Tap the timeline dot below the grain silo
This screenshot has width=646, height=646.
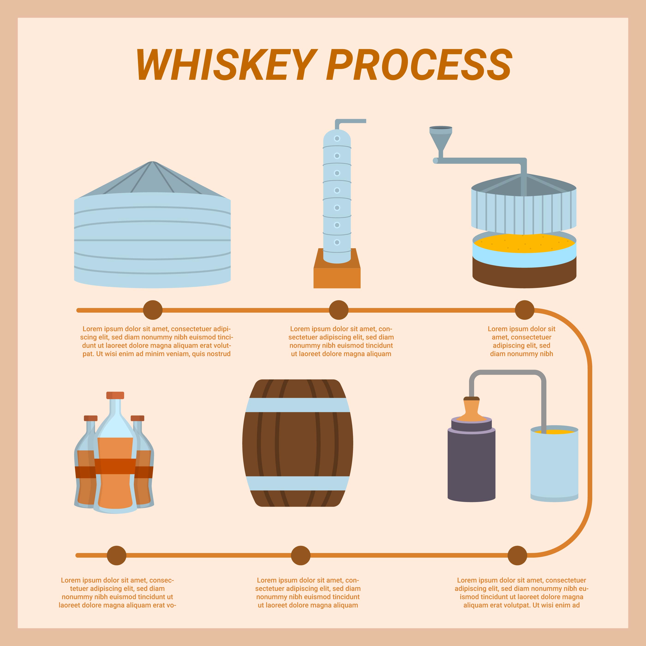point(153,310)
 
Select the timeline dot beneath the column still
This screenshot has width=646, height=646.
point(339,310)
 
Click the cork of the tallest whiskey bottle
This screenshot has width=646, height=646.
point(115,395)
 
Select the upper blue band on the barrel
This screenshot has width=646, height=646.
point(298,405)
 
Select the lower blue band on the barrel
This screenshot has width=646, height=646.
point(298,483)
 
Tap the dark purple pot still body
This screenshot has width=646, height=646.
point(471,465)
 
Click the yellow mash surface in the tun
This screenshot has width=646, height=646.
point(524,243)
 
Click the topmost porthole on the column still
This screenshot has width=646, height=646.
point(337,138)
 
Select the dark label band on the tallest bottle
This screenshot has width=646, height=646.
point(115,466)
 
